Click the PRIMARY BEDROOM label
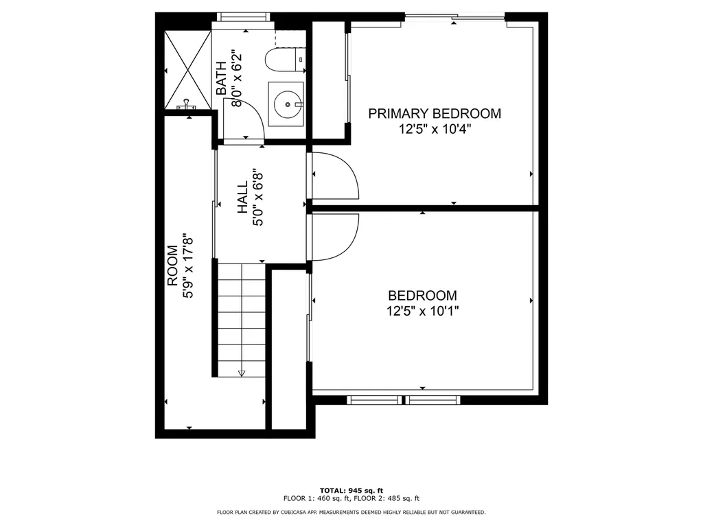[435, 113]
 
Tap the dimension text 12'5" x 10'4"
[435, 129]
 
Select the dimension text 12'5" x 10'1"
[422, 311]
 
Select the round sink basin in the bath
[285, 104]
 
